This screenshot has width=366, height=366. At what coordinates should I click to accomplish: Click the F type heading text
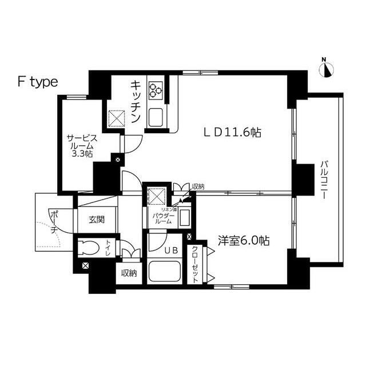[x=37, y=82]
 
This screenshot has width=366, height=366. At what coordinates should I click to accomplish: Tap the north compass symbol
[x=327, y=69]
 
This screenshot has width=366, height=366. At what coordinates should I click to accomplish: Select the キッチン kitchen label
[x=136, y=101]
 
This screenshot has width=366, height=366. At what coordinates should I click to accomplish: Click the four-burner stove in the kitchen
[x=156, y=89]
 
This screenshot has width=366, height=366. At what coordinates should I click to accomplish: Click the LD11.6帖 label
[x=233, y=133]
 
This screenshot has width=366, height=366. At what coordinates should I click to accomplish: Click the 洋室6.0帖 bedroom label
[x=244, y=241]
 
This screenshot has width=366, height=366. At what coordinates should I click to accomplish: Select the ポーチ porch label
[x=53, y=222]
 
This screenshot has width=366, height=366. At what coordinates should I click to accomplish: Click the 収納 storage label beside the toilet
[x=129, y=273]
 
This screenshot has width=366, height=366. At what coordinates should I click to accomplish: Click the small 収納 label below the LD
[x=198, y=186]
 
